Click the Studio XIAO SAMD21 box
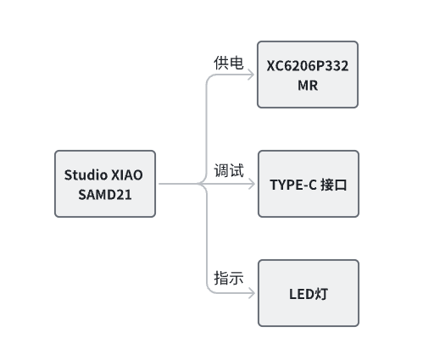[x=105, y=184]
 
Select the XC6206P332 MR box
[x=308, y=75]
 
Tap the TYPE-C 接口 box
[x=309, y=184]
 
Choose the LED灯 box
[x=309, y=293]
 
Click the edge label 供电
[x=229, y=63]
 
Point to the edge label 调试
[x=229, y=170]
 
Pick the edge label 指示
[x=229, y=278]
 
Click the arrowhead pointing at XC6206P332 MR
[x=251, y=75]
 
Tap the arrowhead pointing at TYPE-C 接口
[x=252, y=184]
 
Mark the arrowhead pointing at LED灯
[x=252, y=293]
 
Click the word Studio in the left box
[x=86, y=174]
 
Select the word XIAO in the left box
[x=127, y=175]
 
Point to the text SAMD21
[x=105, y=195]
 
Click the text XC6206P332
[x=308, y=66]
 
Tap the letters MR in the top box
[x=308, y=86]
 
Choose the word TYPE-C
[x=293, y=185]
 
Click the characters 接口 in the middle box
[x=333, y=185]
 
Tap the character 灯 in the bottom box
[x=321, y=294]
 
